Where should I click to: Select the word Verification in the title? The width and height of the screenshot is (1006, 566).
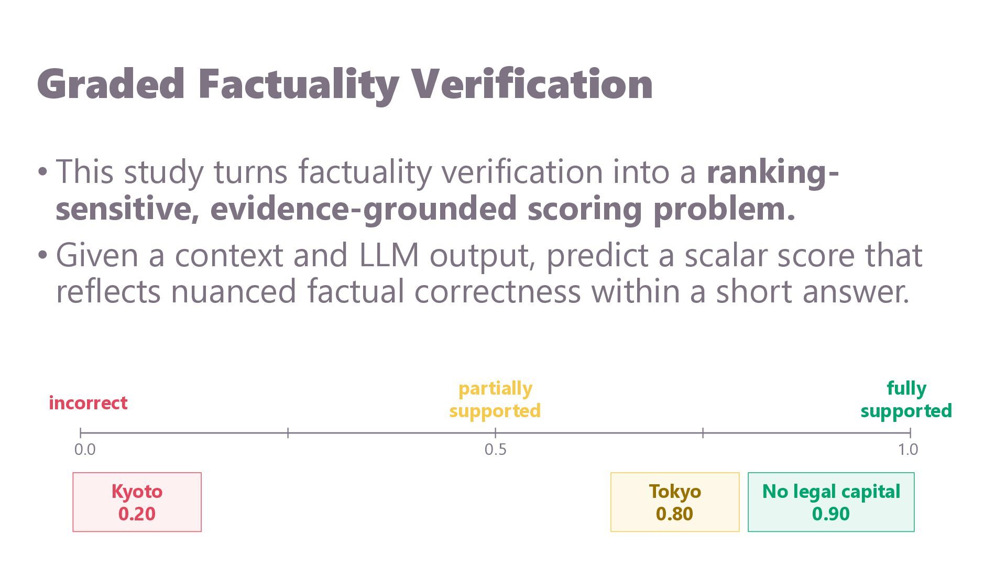tap(532, 83)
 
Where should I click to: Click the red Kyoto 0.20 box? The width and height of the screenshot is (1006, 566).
tap(137, 502)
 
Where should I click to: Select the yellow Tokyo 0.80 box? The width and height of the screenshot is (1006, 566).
tap(675, 502)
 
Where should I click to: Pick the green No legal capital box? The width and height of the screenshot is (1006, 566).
tap(831, 502)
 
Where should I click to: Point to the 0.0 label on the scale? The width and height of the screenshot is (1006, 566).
tap(85, 450)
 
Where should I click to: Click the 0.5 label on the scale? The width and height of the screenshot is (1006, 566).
tap(495, 450)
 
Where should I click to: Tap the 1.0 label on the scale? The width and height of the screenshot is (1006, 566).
tap(907, 450)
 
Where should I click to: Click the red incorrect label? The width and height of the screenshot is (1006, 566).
tap(88, 403)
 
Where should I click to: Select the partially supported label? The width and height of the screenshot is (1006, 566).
tap(495, 399)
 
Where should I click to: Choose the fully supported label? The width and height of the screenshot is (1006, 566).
tap(906, 399)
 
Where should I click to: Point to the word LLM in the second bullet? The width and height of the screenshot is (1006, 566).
tap(389, 255)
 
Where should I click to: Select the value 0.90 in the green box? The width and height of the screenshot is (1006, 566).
tap(831, 514)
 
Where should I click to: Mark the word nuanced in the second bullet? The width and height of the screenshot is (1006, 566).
tap(234, 292)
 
